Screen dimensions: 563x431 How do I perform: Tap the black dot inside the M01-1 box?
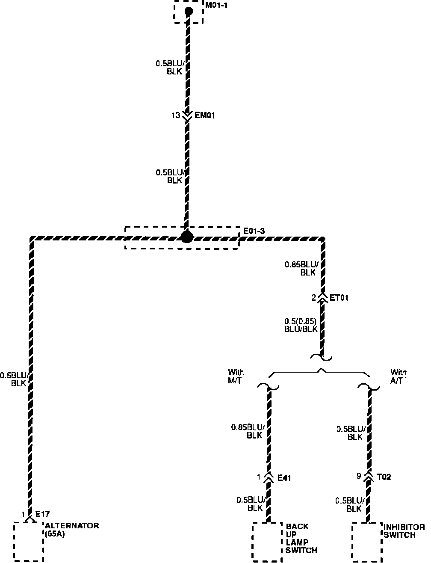click(x=188, y=11)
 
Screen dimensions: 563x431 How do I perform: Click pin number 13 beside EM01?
click(x=176, y=115)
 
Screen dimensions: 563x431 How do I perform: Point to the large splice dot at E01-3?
click(x=187, y=237)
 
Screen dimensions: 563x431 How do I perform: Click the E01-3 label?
click(x=254, y=231)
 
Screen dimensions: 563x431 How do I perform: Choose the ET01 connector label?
click(x=339, y=297)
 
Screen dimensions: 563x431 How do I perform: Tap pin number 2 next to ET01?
click(x=314, y=298)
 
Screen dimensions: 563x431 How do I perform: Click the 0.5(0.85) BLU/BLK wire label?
click(x=301, y=325)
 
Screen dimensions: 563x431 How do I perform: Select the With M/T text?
click(x=236, y=376)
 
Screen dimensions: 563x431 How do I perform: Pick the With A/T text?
click(x=398, y=376)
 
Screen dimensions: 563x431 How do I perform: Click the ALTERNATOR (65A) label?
click(x=71, y=530)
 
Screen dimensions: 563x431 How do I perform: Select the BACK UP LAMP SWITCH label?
click(x=301, y=538)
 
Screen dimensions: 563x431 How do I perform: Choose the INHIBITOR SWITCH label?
click(x=404, y=531)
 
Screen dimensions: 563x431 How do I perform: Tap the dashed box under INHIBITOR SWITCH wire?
click(x=367, y=542)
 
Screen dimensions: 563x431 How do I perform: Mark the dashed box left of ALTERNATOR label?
click(x=29, y=541)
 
